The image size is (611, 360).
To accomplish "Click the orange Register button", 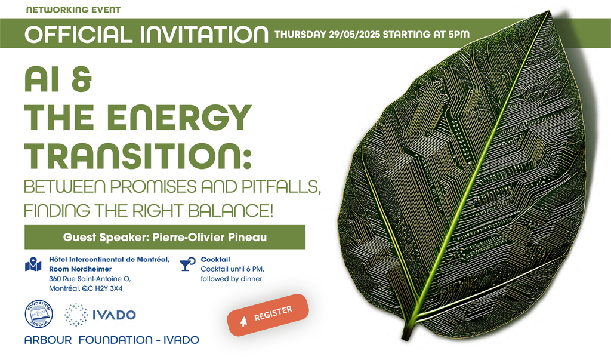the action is click(x=268, y=315).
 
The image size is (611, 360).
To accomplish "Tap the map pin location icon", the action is click(x=33, y=264).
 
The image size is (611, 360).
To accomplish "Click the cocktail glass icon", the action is click(x=187, y=264).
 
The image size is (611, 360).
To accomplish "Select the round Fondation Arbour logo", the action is click(x=39, y=314).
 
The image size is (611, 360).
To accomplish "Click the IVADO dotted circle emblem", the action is click(x=76, y=315).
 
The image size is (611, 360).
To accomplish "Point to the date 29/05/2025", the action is click(x=354, y=34).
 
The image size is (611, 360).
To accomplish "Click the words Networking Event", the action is click(x=73, y=10).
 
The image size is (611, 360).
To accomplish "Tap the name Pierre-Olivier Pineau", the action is click(x=209, y=237).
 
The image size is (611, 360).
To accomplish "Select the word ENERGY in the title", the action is click(x=179, y=118).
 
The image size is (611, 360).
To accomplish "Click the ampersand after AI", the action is click(x=81, y=79).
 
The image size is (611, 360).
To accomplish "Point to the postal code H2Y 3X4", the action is click(x=109, y=288).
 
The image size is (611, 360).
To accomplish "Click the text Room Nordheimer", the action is click(x=81, y=269).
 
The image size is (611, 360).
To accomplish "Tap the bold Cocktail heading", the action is click(x=215, y=259).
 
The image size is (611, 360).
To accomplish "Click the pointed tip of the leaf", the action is click(x=550, y=12).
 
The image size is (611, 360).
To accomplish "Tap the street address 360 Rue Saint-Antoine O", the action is click(x=90, y=279).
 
